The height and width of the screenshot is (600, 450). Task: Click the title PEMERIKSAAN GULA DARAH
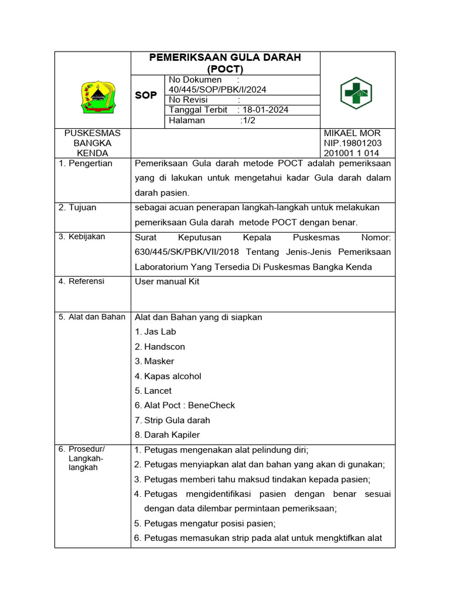225,57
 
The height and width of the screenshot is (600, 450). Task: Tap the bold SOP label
146,96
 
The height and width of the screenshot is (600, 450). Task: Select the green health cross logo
356,93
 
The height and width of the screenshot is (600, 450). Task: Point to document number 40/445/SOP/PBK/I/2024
217,90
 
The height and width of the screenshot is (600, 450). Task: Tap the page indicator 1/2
247,120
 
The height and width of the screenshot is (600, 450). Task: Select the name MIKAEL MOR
352,133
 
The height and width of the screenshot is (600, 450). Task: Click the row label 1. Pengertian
86,163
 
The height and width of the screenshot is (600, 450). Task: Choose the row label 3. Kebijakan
82,237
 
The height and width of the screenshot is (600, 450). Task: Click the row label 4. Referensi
81,281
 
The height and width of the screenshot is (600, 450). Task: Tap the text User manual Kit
168,281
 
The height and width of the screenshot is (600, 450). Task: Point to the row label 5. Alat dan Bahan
92,317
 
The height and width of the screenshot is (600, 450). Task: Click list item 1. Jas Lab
155,332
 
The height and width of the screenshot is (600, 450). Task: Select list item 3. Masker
154,361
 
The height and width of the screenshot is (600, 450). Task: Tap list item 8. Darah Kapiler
167,435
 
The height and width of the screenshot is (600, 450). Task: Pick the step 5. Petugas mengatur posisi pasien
204,523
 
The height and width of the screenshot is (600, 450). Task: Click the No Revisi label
189,100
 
